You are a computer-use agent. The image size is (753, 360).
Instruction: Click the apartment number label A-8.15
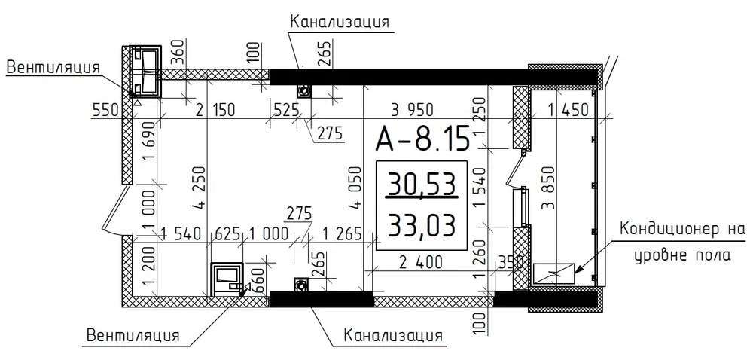pyautogui.click(x=422, y=139)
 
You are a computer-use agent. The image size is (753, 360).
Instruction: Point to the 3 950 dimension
pyautogui.click(x=412, y=110)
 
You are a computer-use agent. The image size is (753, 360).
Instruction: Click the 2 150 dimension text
pyautogui.click(x=215, y=111)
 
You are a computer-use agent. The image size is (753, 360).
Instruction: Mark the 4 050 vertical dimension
pyautogui.click(x=356, y=188)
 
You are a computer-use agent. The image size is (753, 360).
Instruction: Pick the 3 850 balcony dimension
pyautogui.click(x=548, y=188)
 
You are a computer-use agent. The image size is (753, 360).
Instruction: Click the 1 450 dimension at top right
pyautogui.click(x=568, y=111)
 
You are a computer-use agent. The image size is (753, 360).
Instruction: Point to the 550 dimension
pyautogui.click(x=105, y=111)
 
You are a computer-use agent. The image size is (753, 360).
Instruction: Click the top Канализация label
pyautogui.click(x=339, y=22)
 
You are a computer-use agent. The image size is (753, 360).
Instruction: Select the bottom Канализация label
pyautogui.click(x=393, y=335)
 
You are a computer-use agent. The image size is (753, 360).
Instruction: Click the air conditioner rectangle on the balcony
pyautogui.click(x=553, y=273)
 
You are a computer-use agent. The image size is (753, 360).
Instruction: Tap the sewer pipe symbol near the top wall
pyautogui.click(x=303, y=90)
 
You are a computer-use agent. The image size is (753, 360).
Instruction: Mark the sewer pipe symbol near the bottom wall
pyautogui.click(x=301, y=285)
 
